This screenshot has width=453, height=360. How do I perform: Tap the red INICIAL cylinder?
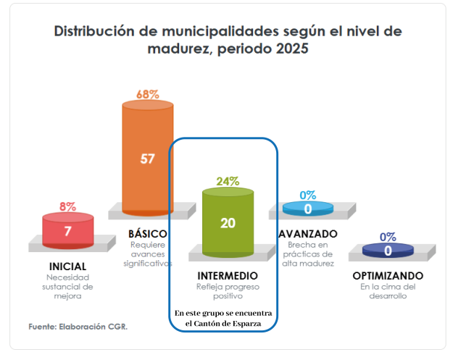[x=67, y=230]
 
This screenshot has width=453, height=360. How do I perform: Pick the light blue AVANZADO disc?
[x=307, y=209]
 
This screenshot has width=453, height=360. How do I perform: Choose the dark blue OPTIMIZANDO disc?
[x=388, y=251]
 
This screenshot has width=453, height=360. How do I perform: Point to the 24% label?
[x=228, y=181]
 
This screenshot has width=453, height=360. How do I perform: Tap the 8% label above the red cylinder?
[x=67, y=206]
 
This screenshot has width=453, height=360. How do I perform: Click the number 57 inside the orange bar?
[x=147, y=159]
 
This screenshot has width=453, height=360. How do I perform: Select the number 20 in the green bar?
[x=228, y=222]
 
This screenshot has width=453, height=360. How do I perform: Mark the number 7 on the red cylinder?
[x=67, y=232]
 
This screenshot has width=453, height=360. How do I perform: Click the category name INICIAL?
[x=67, y=267]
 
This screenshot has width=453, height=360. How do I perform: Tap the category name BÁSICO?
[x=147, y=234]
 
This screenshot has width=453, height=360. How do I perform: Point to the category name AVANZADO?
[x=307, y=234]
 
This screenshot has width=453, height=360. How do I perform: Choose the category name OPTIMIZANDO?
[x=388, y=277]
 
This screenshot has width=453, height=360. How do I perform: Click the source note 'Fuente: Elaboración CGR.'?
[x=78, y=327]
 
